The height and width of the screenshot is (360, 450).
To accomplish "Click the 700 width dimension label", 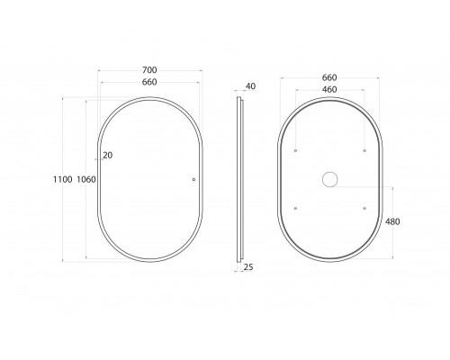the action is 149,70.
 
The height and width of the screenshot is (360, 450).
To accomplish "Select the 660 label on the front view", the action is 149,82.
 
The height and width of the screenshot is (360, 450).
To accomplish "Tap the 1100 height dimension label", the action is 63,179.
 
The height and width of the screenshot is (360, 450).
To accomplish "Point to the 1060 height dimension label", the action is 86,179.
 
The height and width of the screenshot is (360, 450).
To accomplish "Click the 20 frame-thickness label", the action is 108,156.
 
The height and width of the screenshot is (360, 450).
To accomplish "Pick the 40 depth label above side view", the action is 250,86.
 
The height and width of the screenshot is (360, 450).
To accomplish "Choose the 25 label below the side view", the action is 248,266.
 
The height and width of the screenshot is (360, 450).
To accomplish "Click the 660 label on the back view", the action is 329,77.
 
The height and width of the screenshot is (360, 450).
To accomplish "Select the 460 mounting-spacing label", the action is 329,89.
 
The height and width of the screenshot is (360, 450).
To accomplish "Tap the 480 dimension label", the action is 392,221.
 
